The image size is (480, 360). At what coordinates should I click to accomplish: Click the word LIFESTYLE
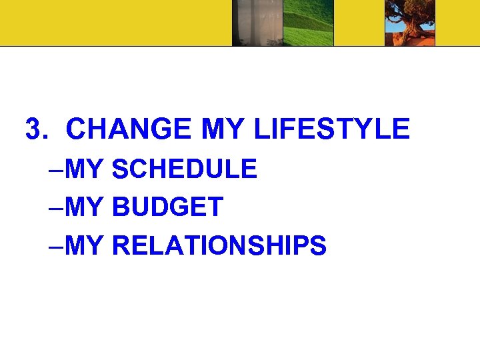[332, 129]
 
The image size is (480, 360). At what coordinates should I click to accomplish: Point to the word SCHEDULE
[185, 169]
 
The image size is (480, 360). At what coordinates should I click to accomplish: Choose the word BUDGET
[167, 207]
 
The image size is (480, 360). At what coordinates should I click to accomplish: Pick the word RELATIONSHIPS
[219, 245]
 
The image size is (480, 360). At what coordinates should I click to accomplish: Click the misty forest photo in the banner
[257, 23]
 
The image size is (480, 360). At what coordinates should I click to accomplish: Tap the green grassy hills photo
[309, 23]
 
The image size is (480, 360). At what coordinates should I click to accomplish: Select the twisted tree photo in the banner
[410, 23]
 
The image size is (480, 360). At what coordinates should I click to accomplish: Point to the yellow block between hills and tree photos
[359, 23]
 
